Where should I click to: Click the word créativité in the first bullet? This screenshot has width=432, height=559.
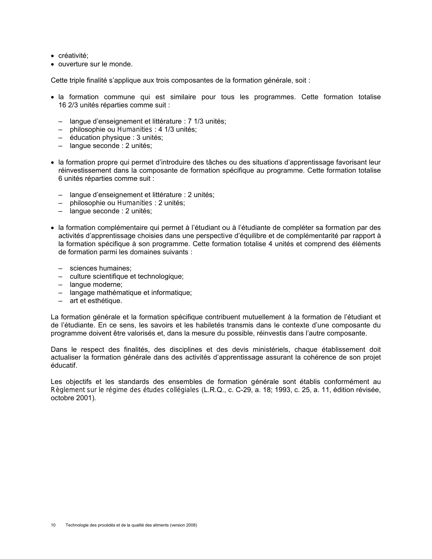click(x=73, y=56)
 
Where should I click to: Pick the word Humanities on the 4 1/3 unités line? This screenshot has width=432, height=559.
click(x=134, y=129)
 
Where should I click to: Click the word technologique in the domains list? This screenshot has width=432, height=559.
click(x=162, y=276)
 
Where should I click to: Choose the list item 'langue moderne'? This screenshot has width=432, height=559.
click(x=96, y=284)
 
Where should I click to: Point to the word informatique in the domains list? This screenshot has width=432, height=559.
click(x=173, y=293)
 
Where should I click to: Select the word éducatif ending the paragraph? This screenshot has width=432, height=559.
click(x=63, y=366)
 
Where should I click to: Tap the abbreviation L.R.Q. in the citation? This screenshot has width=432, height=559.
click(x=213, y=390)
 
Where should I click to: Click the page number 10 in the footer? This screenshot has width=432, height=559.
click(x=53, y=525)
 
